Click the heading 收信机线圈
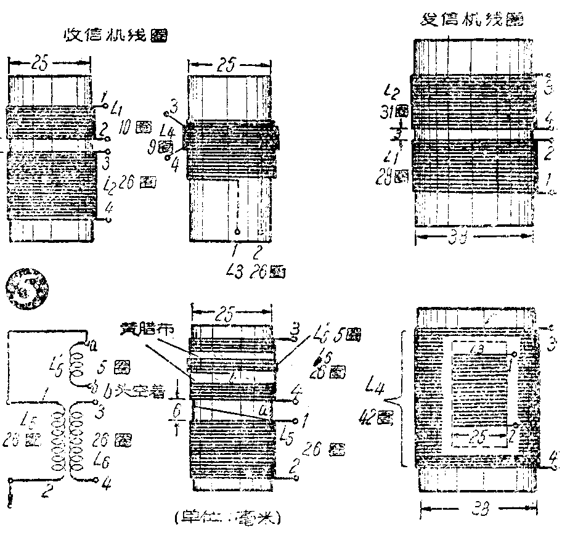point(116,35)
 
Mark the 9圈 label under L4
point(165,147)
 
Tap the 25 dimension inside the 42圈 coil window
point(479,438)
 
